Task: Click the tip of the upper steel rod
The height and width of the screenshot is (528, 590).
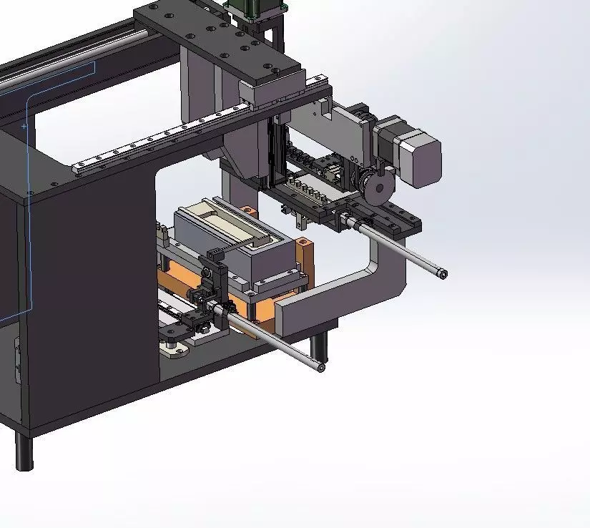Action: (444, 274)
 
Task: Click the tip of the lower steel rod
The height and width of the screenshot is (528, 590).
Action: (321, 368)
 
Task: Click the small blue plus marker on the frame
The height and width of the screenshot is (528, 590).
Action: (24, 126)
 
